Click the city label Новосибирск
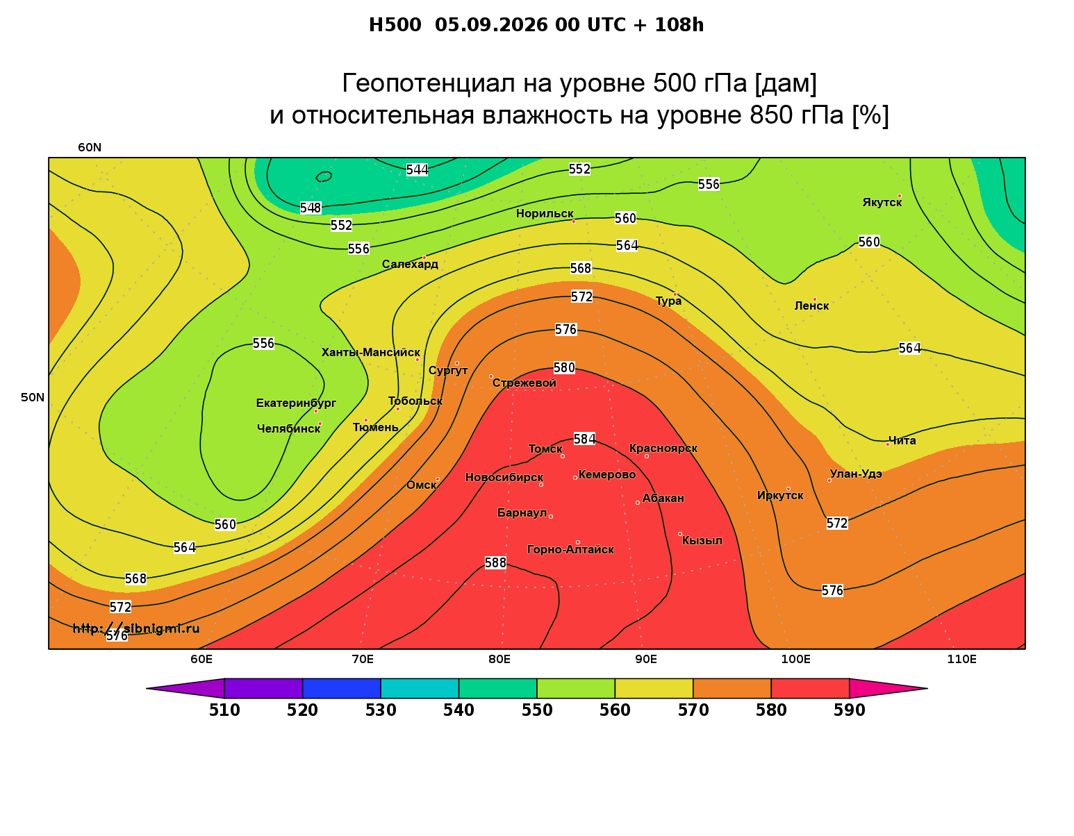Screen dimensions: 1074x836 504,478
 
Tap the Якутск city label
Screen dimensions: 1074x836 882,203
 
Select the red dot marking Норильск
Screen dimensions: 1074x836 574,221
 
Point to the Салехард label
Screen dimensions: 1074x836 410,265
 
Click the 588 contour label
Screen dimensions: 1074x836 495,563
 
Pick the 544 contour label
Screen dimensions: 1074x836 417,170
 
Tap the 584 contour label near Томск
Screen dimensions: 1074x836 584,439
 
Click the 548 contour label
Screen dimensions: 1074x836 311,208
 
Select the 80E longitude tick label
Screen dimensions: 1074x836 499,660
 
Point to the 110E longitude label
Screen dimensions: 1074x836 961,660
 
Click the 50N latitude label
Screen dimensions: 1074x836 33,397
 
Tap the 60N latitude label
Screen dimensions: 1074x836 90,148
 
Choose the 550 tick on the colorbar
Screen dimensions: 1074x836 537,710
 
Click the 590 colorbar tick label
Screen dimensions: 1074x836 849,710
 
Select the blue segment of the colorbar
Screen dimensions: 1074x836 342,688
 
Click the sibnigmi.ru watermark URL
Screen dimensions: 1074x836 136,628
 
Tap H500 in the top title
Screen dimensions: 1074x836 395,25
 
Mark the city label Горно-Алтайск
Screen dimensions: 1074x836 570,550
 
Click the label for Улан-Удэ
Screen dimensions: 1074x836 856,474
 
